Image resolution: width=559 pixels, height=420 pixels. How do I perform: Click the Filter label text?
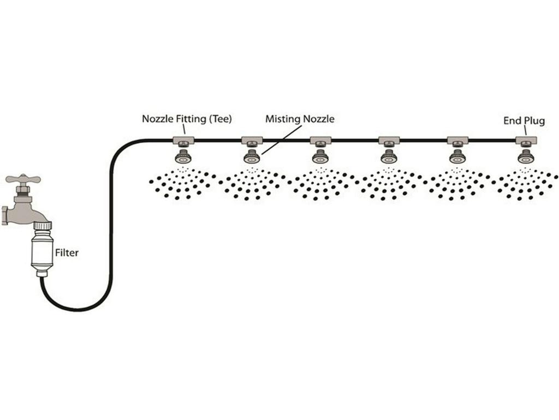click(x=67, y=253)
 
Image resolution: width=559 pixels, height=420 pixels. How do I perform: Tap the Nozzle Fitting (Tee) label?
click(x=187, y=118)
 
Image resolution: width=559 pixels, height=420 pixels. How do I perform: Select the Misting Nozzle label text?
click(x=299, y=118)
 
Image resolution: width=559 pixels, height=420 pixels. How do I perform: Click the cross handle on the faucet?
click(x=23, y=179)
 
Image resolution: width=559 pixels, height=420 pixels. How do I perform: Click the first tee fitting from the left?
click(x=183, y=140)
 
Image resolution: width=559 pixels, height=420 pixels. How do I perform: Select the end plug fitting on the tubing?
click(x=526, y=140)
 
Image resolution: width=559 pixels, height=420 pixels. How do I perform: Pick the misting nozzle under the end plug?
click(x=526, y=157)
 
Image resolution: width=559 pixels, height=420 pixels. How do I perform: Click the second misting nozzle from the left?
click(x=252, y=157)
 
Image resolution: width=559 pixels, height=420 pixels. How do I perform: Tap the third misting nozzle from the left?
click(x=320, y=157)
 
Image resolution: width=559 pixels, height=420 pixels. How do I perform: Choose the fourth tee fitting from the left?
click(x=389, y=140)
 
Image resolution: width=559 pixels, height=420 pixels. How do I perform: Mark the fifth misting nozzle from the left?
click(x=457, y=157)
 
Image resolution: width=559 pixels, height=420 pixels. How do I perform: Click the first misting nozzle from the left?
click(x=183, y=157)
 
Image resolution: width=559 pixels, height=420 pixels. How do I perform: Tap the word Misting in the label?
click(x=283, y=118)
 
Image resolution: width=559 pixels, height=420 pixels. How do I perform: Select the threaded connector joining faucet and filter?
click(x=42, y=225)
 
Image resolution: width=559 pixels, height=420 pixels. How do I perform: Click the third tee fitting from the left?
click(x=320, y=140)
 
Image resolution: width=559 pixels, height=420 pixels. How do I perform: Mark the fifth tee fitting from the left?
click(x=457, y=140)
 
